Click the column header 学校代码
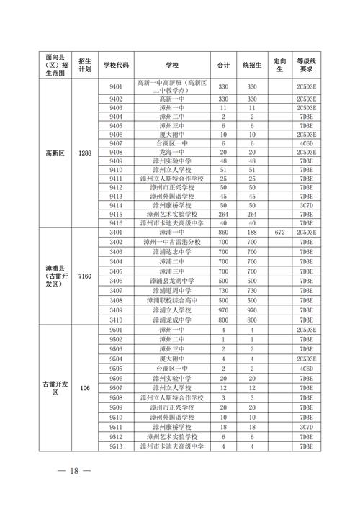click(x=116, y=65)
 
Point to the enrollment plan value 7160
click(x=84, y=276)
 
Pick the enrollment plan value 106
click(x=84, y=389)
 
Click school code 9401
click(x=116, y=86)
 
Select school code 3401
click(x=116, y=233)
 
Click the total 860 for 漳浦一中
click(x=223, y=233)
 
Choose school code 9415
click(x=116, y=214)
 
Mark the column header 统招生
click(x=252, y=65)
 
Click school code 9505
click(x=116, y=368)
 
